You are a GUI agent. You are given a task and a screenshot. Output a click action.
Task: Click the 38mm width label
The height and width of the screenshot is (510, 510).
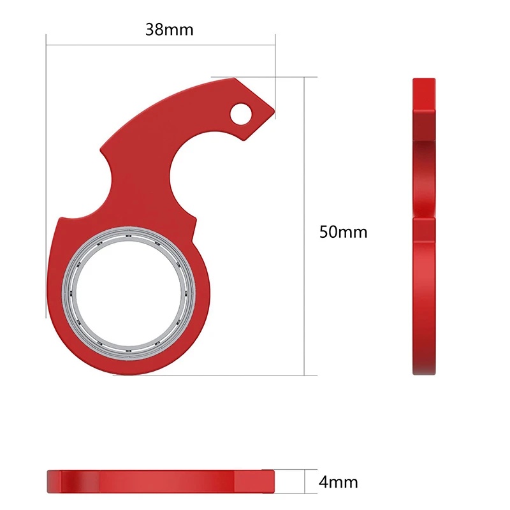tap(168, 29)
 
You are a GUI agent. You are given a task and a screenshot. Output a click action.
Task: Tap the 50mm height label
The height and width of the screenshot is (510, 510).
tap(343, 231)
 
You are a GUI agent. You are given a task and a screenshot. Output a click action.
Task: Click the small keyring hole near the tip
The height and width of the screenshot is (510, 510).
tap(241, 114)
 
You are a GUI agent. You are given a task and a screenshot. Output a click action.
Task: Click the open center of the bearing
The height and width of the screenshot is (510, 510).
tap(127, 291)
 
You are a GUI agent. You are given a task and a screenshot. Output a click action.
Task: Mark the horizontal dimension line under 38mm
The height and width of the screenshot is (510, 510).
tap(159, 45)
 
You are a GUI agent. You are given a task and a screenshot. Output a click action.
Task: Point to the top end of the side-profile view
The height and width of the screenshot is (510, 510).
tap(424, 82)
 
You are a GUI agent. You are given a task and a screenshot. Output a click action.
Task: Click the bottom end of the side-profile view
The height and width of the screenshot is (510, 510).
tap(424, 371)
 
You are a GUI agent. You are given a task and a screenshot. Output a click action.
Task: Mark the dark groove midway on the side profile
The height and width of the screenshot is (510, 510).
tap(424, 217)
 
